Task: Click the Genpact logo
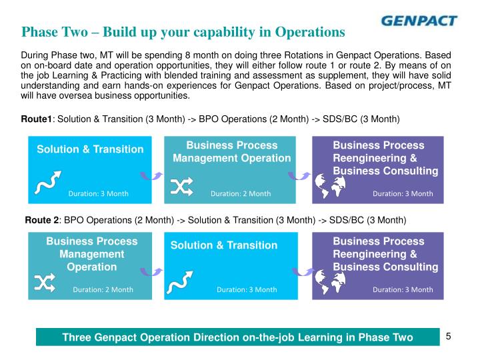(419, 20)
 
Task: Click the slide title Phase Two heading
(183, 31)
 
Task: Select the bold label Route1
(37, 119)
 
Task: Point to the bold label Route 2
(42, 219)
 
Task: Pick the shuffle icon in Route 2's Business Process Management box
(45, 283)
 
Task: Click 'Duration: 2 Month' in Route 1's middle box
(241, 193)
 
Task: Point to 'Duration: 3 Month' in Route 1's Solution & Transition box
(99, 193)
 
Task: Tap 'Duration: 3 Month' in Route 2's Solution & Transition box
(247, 289)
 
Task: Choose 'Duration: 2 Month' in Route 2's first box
(103, 289)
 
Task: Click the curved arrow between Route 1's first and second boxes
(151, 175)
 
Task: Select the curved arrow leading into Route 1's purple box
(299, 175)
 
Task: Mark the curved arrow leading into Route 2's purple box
(299, 271)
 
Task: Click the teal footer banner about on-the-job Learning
(237, 337)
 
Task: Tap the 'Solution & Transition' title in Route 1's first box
(90, 149)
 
